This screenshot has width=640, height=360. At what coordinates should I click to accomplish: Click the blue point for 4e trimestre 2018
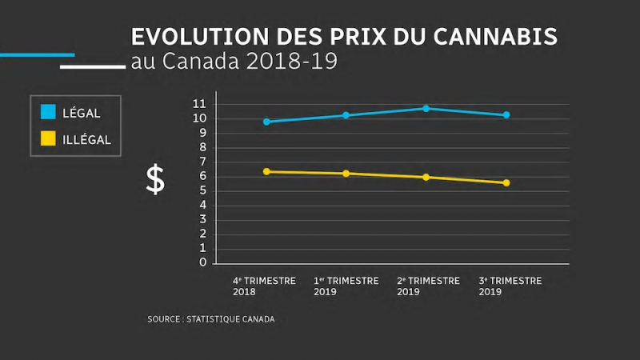[x=266, y=122]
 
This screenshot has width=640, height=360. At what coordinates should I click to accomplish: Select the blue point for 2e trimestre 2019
[x=426, y=108]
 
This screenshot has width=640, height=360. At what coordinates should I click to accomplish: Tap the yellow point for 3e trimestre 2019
[x=506, y=183]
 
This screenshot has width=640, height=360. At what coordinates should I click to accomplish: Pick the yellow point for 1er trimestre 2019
[x=346, y=174]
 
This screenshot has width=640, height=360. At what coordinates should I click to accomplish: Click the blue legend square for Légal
[x=48, y=113]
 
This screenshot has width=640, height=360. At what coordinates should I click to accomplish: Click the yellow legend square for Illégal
[x=48, y=139]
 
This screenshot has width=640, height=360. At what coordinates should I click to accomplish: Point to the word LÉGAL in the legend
[x=82, y=114]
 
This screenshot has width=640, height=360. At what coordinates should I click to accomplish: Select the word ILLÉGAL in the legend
[x=86, y=140]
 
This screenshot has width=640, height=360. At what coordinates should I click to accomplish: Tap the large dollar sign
[x=155, y=181]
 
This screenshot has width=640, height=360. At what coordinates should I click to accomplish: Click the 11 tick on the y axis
[x=199, y=104]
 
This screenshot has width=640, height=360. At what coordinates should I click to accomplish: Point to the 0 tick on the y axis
[x=202, y=262]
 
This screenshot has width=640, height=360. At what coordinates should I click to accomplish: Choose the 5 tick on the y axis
[x=202, y=190]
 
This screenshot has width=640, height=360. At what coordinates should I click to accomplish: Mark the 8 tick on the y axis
[x=202, y=147]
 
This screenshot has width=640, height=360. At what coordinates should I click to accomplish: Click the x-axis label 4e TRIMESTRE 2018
[x=264, y=286]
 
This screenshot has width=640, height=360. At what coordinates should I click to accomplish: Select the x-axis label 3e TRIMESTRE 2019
[x=510, y=286]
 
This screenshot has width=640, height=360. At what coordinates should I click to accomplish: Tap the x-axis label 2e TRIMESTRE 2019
[x=428, y=286]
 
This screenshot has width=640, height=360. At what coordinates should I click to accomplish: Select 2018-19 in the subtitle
[x=295, y=62]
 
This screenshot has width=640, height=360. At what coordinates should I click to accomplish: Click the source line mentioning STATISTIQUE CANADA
[x=210, y=319]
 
